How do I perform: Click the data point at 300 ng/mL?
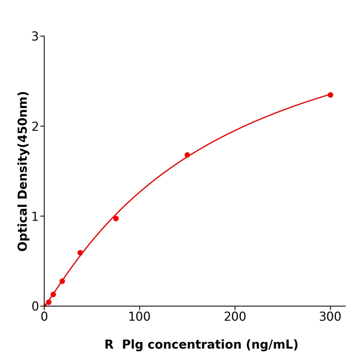(330, 95)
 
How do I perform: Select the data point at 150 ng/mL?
(187, 155)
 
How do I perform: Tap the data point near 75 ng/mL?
(116, 219)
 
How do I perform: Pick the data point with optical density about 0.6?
(80, 253)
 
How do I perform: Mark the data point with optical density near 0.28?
(62, 281)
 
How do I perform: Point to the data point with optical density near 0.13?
(53, 295)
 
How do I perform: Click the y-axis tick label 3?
(35, 37)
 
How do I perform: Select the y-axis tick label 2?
(35, 127)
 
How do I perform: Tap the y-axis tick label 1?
(35, 217)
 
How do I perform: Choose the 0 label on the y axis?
(35, 307)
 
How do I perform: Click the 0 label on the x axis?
(44, 317)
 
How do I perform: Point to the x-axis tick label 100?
(139, 317)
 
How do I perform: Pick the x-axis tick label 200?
(235, 317)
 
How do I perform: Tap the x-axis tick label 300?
(330, 317)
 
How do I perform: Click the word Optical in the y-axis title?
(23, 227)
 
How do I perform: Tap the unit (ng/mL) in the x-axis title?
(272, 345)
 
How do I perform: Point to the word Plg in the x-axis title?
(132, 345)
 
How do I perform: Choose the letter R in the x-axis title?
(109, 345)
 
